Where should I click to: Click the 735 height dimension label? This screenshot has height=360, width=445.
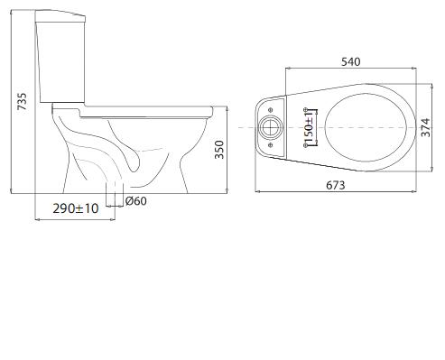tap(22, 101)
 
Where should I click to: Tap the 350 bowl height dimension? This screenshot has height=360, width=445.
tap(219, 150)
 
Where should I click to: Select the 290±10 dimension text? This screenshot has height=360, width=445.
tap(76, 208)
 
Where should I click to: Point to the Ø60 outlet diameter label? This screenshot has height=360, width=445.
tap(136, 201)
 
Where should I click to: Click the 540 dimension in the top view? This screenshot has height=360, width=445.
tap(350, 61)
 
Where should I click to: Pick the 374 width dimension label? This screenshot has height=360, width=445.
tap(425, 128)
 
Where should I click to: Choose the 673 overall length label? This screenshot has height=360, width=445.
tap(336, 185)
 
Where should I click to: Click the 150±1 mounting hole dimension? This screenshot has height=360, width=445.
tap(309, 127)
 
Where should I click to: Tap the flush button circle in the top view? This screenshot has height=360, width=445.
tap(271, 127)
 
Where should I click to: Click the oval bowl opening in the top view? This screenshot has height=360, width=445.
tap(366, 127)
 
